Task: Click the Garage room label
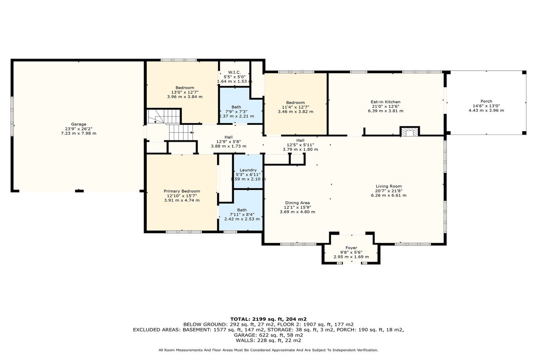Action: pos(79,124)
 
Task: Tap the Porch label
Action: pos(486,102)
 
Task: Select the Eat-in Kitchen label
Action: pos(385,102)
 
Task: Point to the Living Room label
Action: pos(388,186)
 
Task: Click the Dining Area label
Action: pos(297,203)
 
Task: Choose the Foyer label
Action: pos(351,248)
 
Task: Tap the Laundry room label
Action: pos(248,170)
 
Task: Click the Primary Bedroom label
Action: pos(182,191)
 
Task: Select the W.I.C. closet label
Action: pos(234,72)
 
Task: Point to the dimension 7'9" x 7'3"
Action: pos(236,112)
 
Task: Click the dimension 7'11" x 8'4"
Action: pos(242,214)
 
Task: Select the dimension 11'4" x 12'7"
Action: pos(295,107)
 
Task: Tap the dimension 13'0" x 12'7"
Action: pos(184,92)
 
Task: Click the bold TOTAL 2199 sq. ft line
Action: pos(268,319)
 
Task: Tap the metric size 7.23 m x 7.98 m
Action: pos(79,133)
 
